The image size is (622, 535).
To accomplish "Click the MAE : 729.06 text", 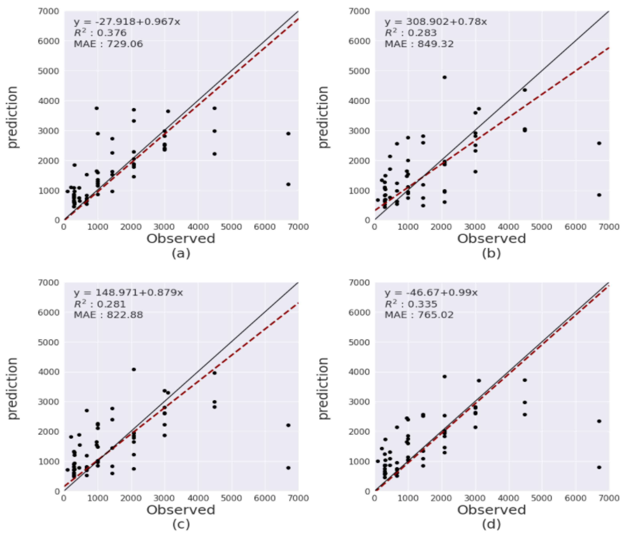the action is (x=108, y=44).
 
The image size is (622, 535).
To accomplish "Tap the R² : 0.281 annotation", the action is (x=100, y=304).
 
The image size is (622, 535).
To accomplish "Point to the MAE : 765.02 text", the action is (x=419, y=315).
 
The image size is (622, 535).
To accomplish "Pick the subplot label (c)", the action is (x=181, y=525).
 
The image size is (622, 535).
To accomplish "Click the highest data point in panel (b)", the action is (x=445, y=77).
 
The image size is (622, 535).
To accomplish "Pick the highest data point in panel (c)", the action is (x=134, y=369).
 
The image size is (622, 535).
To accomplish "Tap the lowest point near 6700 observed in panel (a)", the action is (x=288, y=184).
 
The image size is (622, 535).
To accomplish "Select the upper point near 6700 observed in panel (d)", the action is (x=599, y=421).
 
